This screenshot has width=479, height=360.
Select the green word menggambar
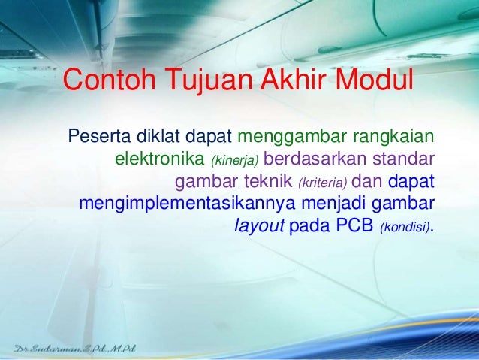pos(291,138)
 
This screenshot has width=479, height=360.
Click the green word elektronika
pos(160,160)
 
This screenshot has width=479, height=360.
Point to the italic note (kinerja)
pos(236,161)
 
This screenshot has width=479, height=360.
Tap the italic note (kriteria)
pos(323,183)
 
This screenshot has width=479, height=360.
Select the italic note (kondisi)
pos(406,226)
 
